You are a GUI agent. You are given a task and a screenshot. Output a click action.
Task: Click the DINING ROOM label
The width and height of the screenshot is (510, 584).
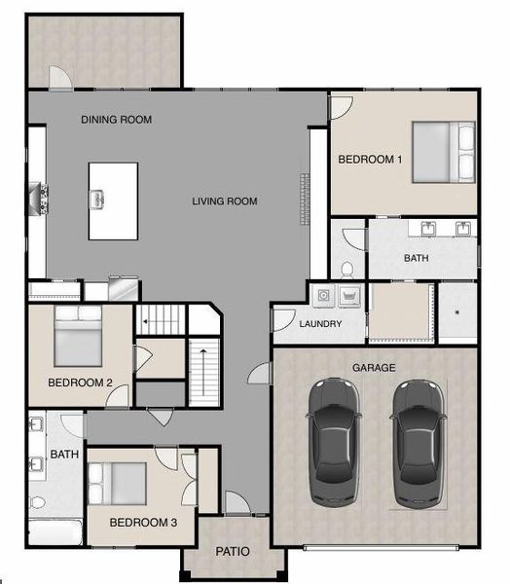pyautogui.click(x=116, y=120)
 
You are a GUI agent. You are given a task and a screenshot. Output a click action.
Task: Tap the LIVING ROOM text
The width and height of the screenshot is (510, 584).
pyautogui.click(x=224, y=201)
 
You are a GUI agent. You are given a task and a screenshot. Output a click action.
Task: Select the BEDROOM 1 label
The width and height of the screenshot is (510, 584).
pyautogui.click(x=370, y=159)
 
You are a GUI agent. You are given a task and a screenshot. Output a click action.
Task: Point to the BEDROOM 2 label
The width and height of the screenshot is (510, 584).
pyautogui.click(x=79, y=383)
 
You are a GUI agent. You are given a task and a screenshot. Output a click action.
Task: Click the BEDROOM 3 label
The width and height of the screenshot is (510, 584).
pyautogui.click(x=142, y=523)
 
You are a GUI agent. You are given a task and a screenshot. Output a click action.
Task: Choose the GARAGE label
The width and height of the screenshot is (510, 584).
pyautogui.click(x=374, y=367)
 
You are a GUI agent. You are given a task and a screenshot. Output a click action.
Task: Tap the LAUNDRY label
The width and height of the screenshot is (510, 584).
pyautogui.click(x=318, y=324)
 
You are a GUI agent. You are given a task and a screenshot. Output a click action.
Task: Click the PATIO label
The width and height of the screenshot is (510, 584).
pyautogui.click(x=232, y=552)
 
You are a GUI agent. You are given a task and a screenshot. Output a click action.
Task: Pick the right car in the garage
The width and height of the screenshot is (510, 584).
pyautogui.click(x=418, y=443)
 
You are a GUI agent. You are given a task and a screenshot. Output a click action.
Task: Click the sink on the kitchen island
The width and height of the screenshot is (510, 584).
pyautogui.click(x=97, y=200)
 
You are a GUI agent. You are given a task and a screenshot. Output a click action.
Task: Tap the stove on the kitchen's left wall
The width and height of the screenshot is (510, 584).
pyautogui.click(x=40, y=198)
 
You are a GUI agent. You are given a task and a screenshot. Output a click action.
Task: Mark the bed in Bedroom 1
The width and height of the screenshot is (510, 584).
pyautogui.click(x=443, y=152)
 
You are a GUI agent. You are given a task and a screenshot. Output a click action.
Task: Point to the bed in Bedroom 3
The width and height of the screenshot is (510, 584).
pyautogui.click(x=117, y=483)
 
